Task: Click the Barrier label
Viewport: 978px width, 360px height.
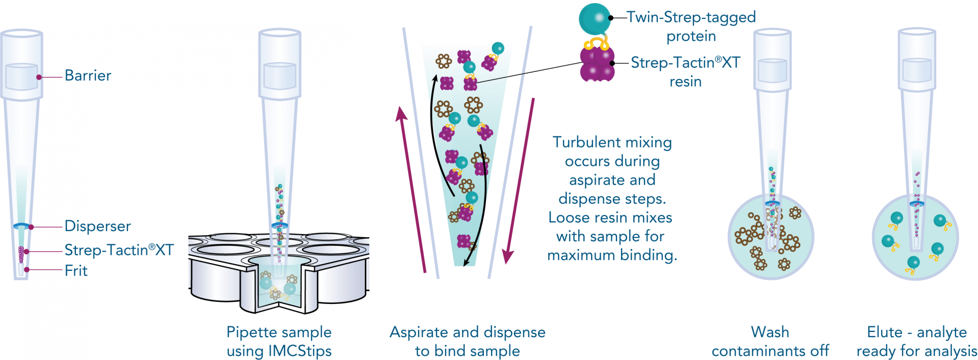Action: pyautogui.click(x=88, y=76)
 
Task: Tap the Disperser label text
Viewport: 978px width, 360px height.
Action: pyautogui.click(x=97, y=226)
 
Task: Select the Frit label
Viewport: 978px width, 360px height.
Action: pyautogui.click(x=76, y=270)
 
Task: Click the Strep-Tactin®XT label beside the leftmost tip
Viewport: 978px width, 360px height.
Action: pyautogui.click(x=119, y=250)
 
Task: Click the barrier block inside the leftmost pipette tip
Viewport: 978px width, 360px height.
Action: pyautogui.click(x=21, y=77)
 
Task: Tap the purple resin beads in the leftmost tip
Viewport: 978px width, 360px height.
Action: pyautogui.click(x=21, y=253)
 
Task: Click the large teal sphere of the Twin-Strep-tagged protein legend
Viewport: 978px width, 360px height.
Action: pyautogui.click(x=594, y=18)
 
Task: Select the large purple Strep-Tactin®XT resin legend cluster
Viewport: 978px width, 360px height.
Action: pyautogui.click(x=597, y=64)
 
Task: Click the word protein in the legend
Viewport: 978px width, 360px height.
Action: pyautogui.click(x=691, y=37)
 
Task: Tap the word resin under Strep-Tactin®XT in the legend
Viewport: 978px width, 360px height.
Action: pyautogui.click(x=685, y=82)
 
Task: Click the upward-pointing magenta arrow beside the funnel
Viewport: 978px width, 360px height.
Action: pyautogui.click(x=412, y=188)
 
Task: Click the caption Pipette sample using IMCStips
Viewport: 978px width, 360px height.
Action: pyautogui.click(x=279, y=341)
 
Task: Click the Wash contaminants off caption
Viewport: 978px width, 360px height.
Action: pyautogui.click(x=770, y=341)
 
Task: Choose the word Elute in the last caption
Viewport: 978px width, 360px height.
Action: pyautogui.click(x=884, y=332)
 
